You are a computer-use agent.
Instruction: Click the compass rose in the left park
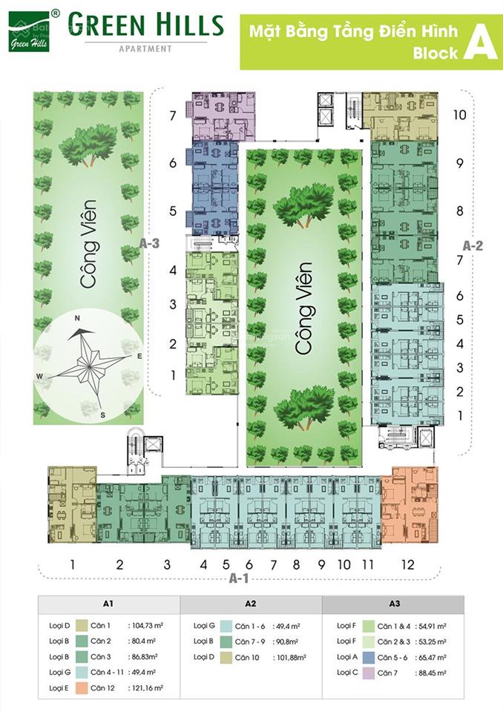86,358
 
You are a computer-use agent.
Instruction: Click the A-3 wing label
151,243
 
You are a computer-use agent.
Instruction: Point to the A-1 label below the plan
239,576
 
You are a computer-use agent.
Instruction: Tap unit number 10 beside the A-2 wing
459,115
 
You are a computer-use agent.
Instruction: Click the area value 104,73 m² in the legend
147,625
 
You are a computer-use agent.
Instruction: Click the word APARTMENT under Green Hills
145,49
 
